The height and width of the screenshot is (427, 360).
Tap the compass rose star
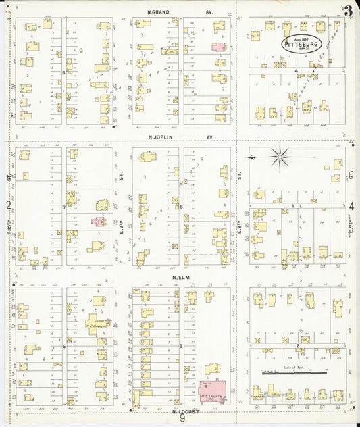(x=278, y=157)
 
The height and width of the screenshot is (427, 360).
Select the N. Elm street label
(x=180, y=277)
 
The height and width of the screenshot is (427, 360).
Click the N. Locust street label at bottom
(x=183, y=411)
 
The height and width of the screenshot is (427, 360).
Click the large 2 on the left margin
(x=8, y=205)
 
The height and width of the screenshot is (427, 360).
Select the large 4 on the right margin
(x=353, y=205)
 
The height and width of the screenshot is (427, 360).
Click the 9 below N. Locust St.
(x=182, y=419)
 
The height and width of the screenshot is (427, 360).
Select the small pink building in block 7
(x=99, y=221)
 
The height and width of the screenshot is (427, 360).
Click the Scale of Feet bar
(x=296, y=371)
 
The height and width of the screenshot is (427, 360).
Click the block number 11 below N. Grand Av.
(x=182, y=71)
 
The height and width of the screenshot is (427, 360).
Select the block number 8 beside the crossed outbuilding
(x=182, y=207)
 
